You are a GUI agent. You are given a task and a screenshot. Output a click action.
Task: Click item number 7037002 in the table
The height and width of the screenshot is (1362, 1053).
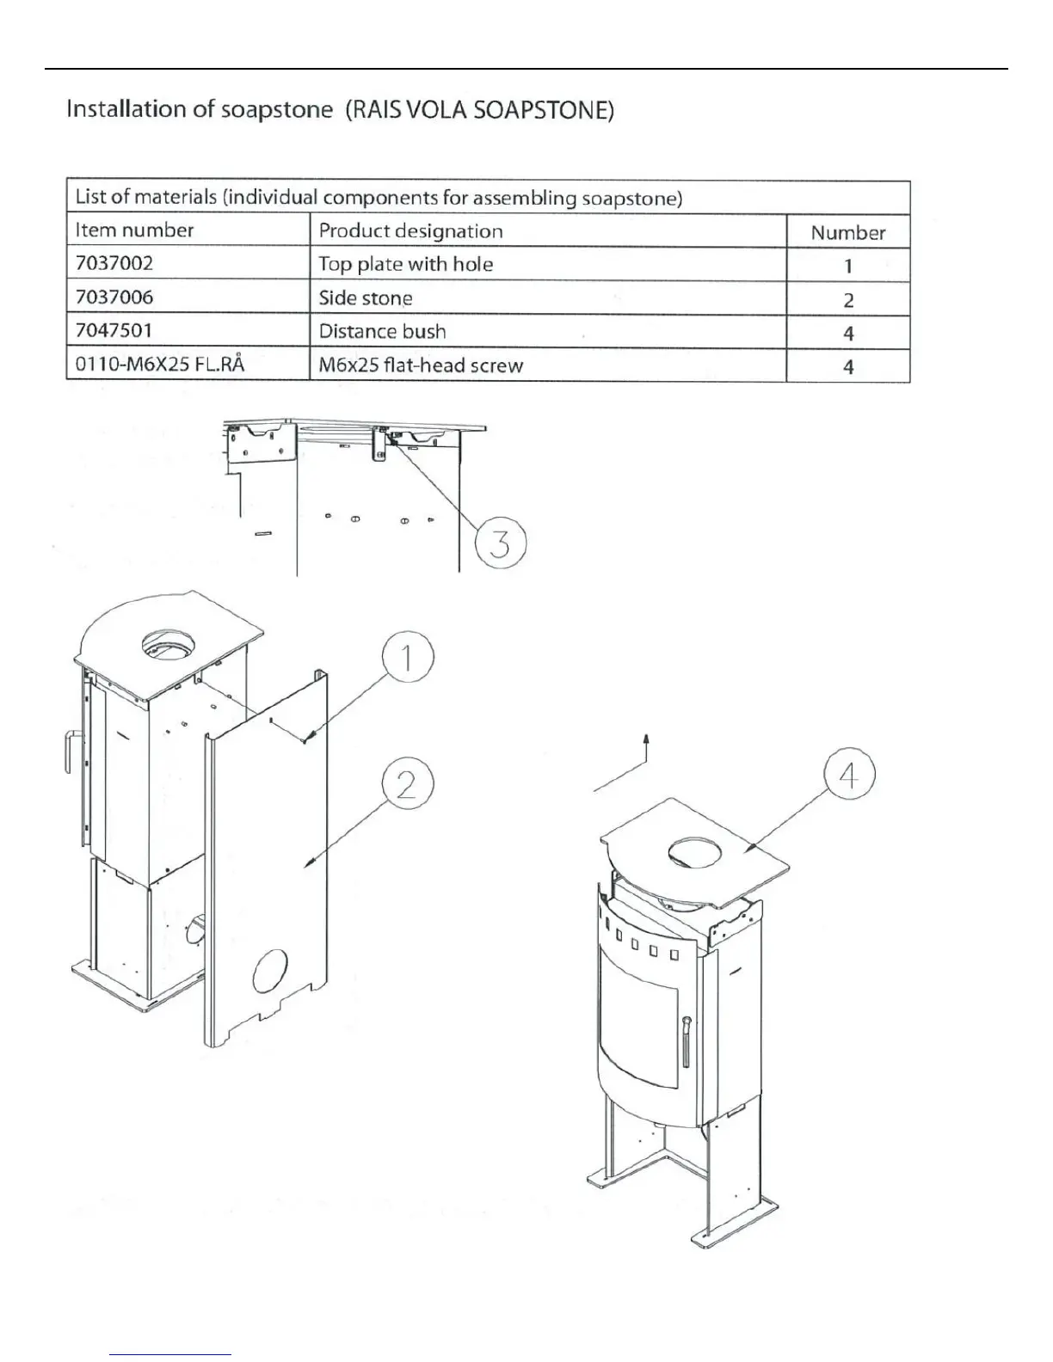tap(114, 263)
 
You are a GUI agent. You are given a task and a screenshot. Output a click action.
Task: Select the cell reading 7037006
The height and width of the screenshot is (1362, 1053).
tap(114, 298)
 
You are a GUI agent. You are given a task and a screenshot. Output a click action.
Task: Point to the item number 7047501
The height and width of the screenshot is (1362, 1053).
tap(114, 331)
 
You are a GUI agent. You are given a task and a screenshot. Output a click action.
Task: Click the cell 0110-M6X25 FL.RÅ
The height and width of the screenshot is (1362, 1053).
tap(160, 365)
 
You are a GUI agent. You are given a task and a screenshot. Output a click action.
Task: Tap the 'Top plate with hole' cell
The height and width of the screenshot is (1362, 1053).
tap(406, 264)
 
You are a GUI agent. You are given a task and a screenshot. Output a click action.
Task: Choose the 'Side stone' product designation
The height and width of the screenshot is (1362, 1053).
tap(366, 298)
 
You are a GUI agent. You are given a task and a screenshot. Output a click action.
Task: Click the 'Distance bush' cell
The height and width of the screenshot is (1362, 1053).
tap(382, 332)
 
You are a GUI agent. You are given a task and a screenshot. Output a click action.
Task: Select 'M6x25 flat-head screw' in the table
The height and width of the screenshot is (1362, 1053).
tap(421, 365)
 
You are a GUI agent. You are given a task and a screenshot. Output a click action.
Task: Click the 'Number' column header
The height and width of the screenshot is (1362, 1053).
tap(848, 232)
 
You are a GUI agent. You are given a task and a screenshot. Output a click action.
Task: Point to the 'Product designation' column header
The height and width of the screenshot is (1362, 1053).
tap(410, 230)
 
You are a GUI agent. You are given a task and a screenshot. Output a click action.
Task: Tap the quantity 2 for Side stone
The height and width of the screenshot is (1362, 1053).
tap(848, 300)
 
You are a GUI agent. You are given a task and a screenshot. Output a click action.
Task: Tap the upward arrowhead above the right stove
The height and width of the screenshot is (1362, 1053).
tap(646, 739)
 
